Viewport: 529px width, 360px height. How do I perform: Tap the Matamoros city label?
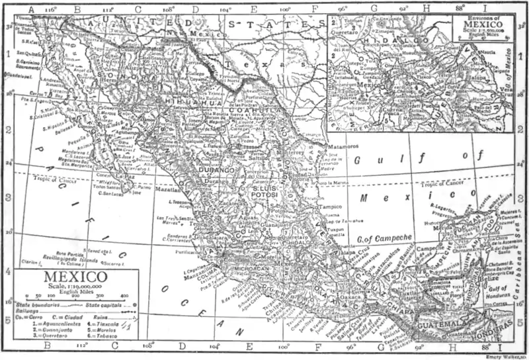click(343, 145)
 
